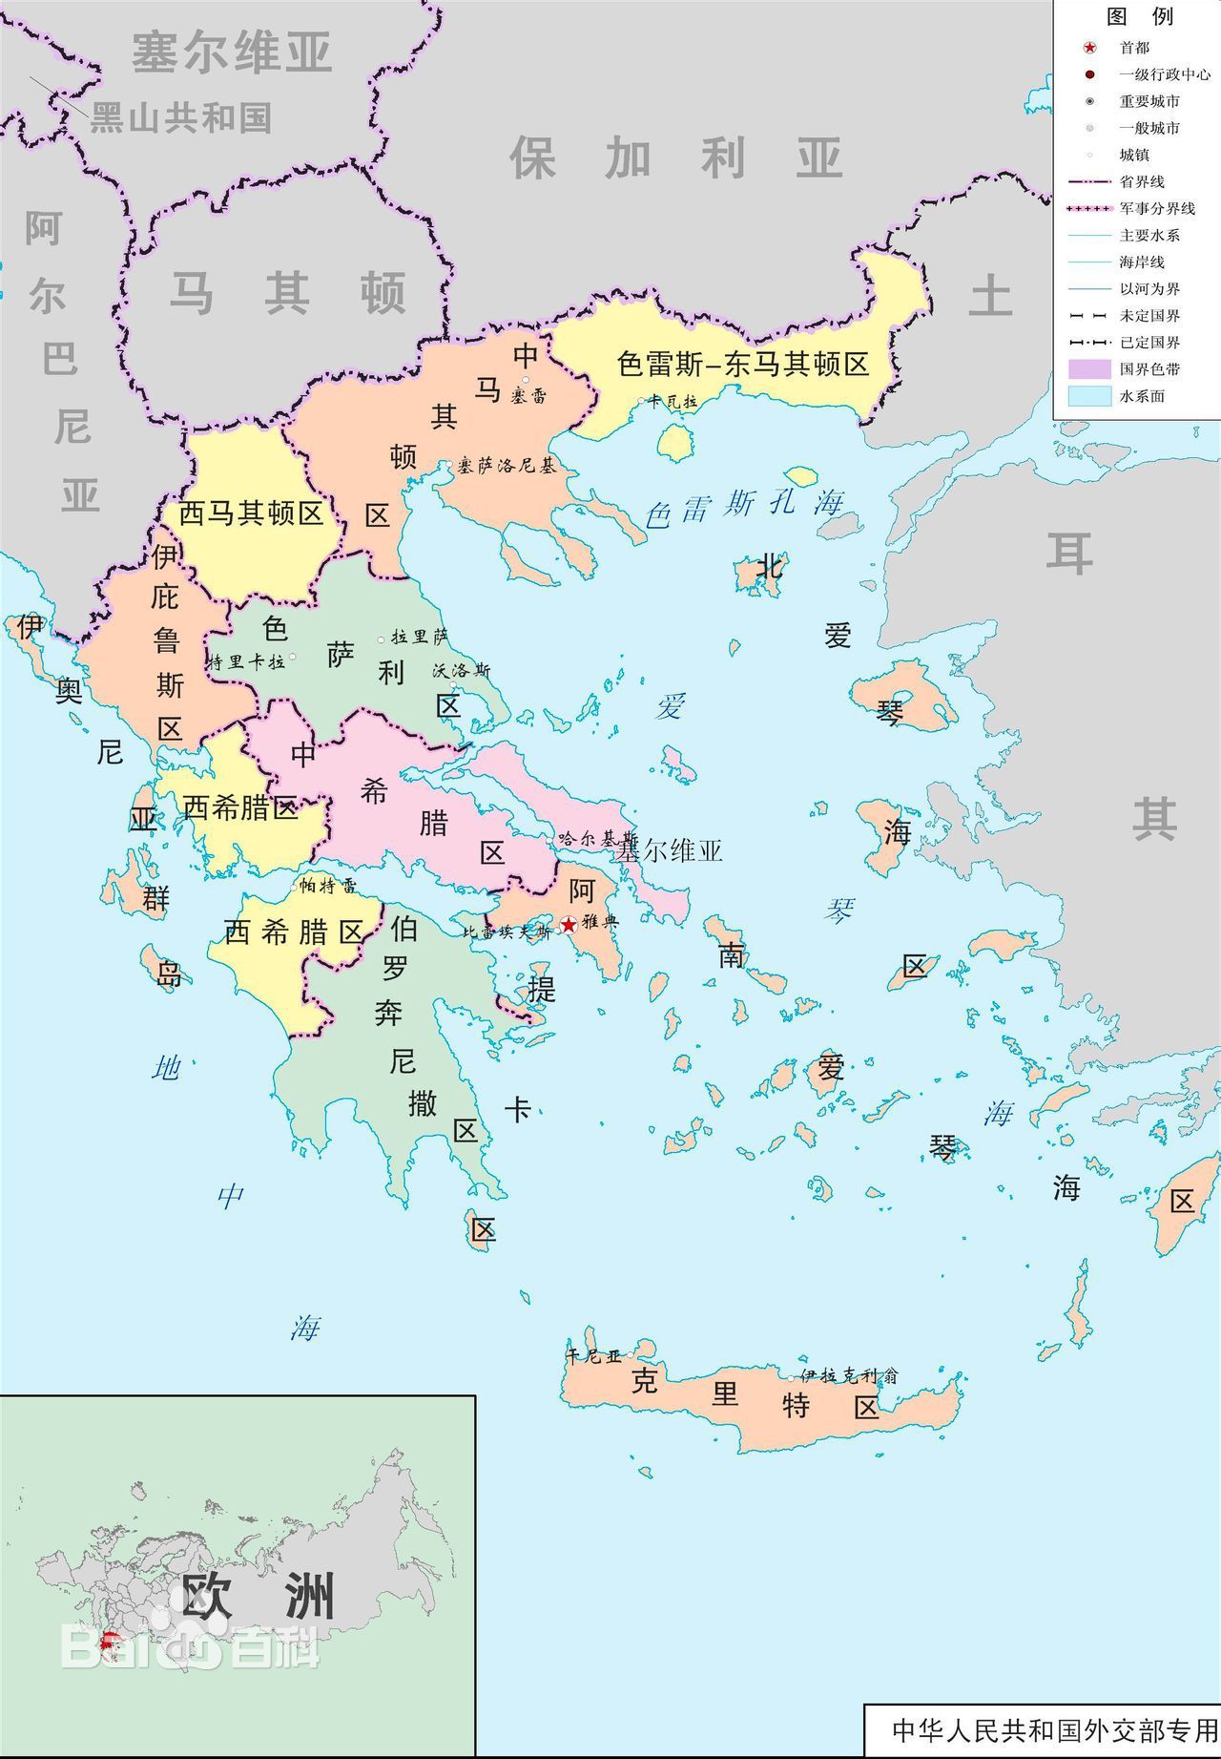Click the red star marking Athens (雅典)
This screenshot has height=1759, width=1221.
click(x=569, y=924)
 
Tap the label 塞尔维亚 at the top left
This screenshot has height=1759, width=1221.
click(x=231, y=52)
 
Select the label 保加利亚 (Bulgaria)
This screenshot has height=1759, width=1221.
click(x=676, y=158)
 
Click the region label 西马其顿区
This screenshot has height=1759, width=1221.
click(x=251, y=513)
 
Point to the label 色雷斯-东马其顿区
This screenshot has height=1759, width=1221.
click(x=743, y=364)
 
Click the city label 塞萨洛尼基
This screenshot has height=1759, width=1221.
click(x=506, y=466)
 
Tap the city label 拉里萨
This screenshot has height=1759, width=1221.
click(x=419, y=637)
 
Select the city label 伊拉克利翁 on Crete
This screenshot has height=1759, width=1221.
click(x=849, y=1375)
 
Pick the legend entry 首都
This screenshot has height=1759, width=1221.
click(x=1134, y=48)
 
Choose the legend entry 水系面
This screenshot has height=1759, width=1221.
click(x=1142, y=396)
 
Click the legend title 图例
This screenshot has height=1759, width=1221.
click(x=1139, y=16)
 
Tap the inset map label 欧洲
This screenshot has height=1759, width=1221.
click(x=258, y=1596)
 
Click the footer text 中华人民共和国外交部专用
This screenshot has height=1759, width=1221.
click(x=1054, y=1729)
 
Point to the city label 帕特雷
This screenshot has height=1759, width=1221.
click(x=328, y=886)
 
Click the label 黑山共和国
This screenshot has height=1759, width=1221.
click(x=180, y=118)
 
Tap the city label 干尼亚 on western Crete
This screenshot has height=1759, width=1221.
click(x=594, y=1355)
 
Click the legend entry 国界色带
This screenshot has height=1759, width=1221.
click(x=1149, y=369)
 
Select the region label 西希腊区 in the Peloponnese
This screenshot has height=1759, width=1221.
click(x=294, y=932)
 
